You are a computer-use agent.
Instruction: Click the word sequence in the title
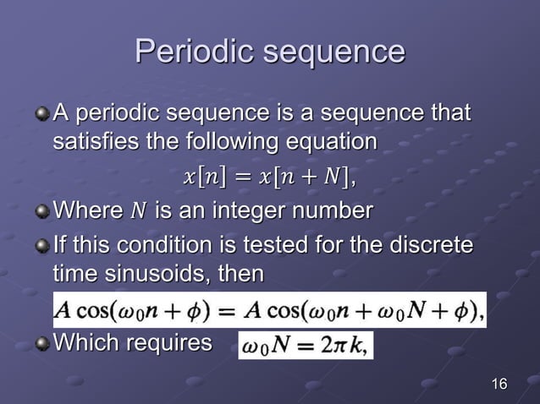(334, 52)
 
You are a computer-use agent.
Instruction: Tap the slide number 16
(499, 385)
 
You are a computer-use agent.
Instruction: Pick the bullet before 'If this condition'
(42, 247)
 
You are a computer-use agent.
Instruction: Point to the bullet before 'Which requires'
(42, 343)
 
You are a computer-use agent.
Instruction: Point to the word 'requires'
(174, 343)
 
